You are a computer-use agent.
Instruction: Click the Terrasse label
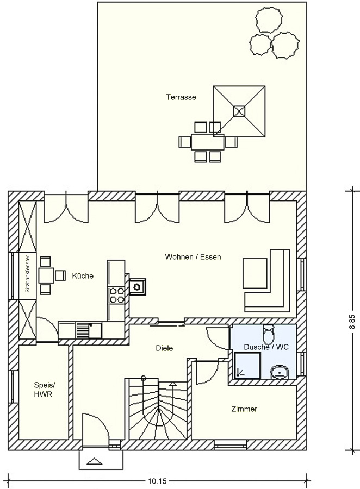[181, 97]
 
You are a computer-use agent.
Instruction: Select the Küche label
[83, 275]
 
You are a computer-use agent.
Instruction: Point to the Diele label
[164, 348]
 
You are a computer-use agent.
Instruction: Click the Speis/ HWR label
[43, 389]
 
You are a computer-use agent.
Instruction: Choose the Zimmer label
[244, 409]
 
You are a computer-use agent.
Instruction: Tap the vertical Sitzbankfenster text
[28, 274]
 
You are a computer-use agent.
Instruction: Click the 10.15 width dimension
[157, 481]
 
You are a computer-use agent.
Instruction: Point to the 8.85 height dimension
[352, 322]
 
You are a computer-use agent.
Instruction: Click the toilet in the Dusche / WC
[269, 334]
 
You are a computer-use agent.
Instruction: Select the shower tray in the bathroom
[247, 365]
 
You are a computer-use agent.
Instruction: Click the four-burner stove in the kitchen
[117, 296]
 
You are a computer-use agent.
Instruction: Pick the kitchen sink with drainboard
[89, 330]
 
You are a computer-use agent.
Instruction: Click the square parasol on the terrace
[239, 111]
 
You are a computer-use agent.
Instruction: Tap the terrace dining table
[208, 142]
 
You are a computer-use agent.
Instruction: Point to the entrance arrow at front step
[95, 461]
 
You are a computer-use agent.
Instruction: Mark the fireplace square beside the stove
[136, 286]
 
